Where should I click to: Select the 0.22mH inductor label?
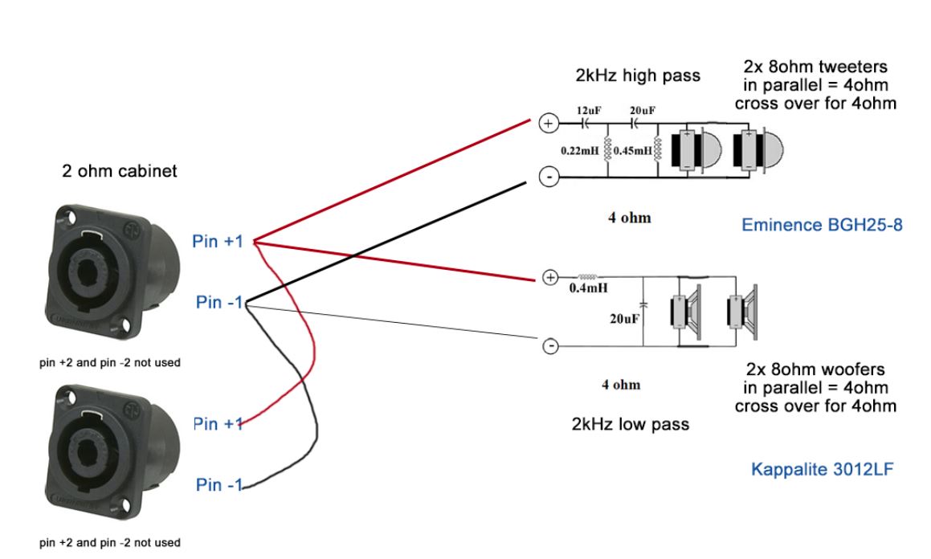(x=580, y=150)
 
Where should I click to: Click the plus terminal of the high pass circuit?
(x=548, y=124)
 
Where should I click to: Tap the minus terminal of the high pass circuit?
(x=548, y=177)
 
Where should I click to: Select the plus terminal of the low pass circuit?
(x=550, y=278)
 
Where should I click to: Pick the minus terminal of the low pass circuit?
(x=550, y=346)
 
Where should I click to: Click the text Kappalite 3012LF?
(x=822, y=468)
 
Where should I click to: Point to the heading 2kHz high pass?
(x=638, y=76)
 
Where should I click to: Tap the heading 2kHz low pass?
(x=631, y=424)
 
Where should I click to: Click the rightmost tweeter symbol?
(x=757, y=149)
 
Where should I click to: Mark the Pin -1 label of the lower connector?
(x=219, y=485)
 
